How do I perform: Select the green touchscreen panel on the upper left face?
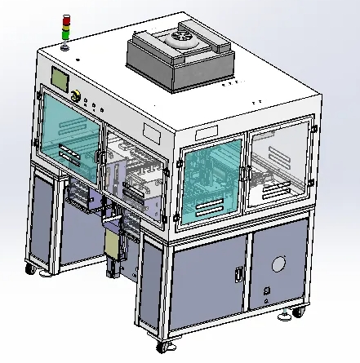tap(60, 80)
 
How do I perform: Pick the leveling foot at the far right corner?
tap(297, 312)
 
